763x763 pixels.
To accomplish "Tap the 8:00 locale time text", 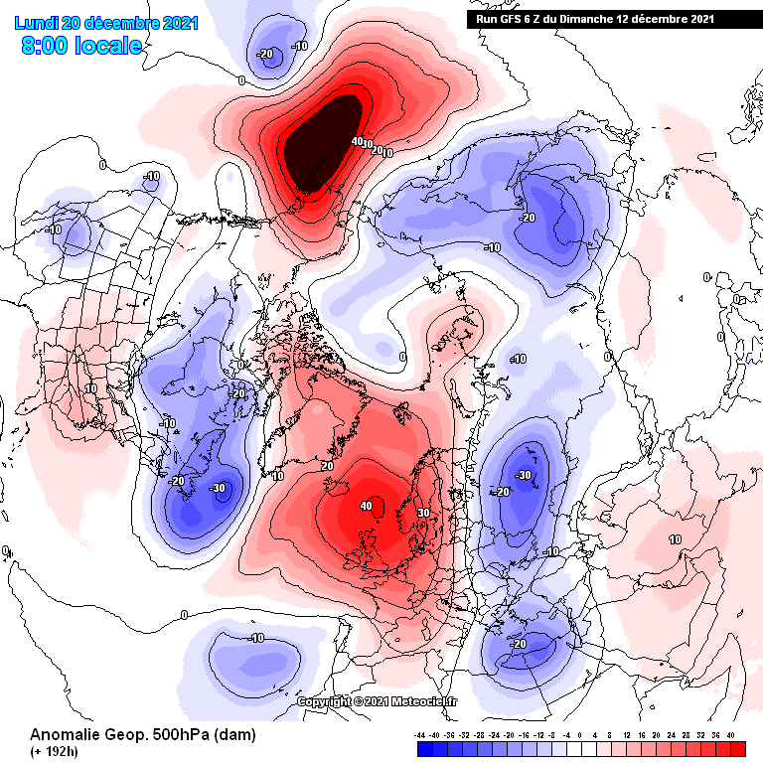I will [79, 46].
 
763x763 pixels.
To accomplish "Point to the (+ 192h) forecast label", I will [55, 752].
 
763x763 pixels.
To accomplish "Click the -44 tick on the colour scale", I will [421, 735].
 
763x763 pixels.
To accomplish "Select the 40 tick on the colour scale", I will [731, 735].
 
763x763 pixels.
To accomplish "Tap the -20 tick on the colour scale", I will [510, 735].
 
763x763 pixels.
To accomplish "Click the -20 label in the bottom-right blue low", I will [517, 644].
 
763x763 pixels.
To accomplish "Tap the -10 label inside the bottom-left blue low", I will [255, 637].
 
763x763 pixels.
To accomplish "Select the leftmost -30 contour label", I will [218, 488].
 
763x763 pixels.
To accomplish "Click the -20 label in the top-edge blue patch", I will [265, 54].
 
